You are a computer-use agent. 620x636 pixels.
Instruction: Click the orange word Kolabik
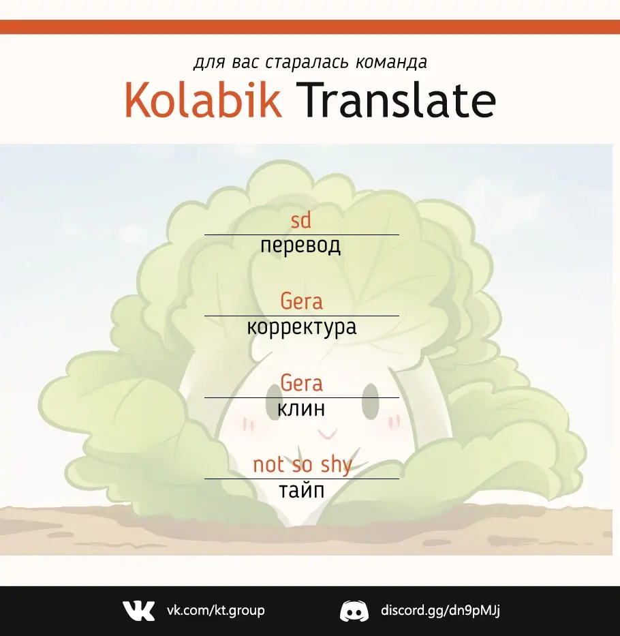pyautogui.click(x=203, y=100)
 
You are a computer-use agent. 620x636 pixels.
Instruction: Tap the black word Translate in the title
pyautogui.click(x=396, y=100)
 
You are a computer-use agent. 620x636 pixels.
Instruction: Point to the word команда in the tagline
pyautogui.click(x=391, y=63)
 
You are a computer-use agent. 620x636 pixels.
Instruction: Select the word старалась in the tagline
pyautogui.click(x=307, y=63)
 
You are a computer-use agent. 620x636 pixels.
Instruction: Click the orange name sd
pyautogui.click(x=301, y=220)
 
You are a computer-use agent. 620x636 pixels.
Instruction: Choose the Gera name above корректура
pyautogui.click(x=301, y=301)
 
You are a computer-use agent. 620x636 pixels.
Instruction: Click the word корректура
pyautogui.click(x=302, y=328)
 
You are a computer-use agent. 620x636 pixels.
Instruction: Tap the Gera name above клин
pyautogui.click(x=301, y=383)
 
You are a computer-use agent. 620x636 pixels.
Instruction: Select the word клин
pyautogui.click(x=301, y=409)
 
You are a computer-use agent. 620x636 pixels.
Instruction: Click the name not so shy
pyautogui.click(x=303, y=465)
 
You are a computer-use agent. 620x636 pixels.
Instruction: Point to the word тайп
pyautogui.click(x=302, y=491)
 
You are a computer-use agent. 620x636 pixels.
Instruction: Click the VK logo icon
pyautogui.click(x=139, y=611)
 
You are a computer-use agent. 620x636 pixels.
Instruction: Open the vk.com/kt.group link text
pyautogui.click(x=216, y=610)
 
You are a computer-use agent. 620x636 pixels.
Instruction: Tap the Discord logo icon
pyautogui.click(x=354, y=611)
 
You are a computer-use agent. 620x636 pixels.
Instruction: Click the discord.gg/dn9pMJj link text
pyautogui.click(x=440, y=611)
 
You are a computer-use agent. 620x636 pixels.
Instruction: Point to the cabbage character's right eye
pyautogui.click(x=370, y=401)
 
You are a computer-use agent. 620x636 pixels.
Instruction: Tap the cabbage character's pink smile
pyautogui.click(x=327, y=434)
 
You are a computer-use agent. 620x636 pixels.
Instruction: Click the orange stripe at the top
pyautogui.click(x=310, y=27)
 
